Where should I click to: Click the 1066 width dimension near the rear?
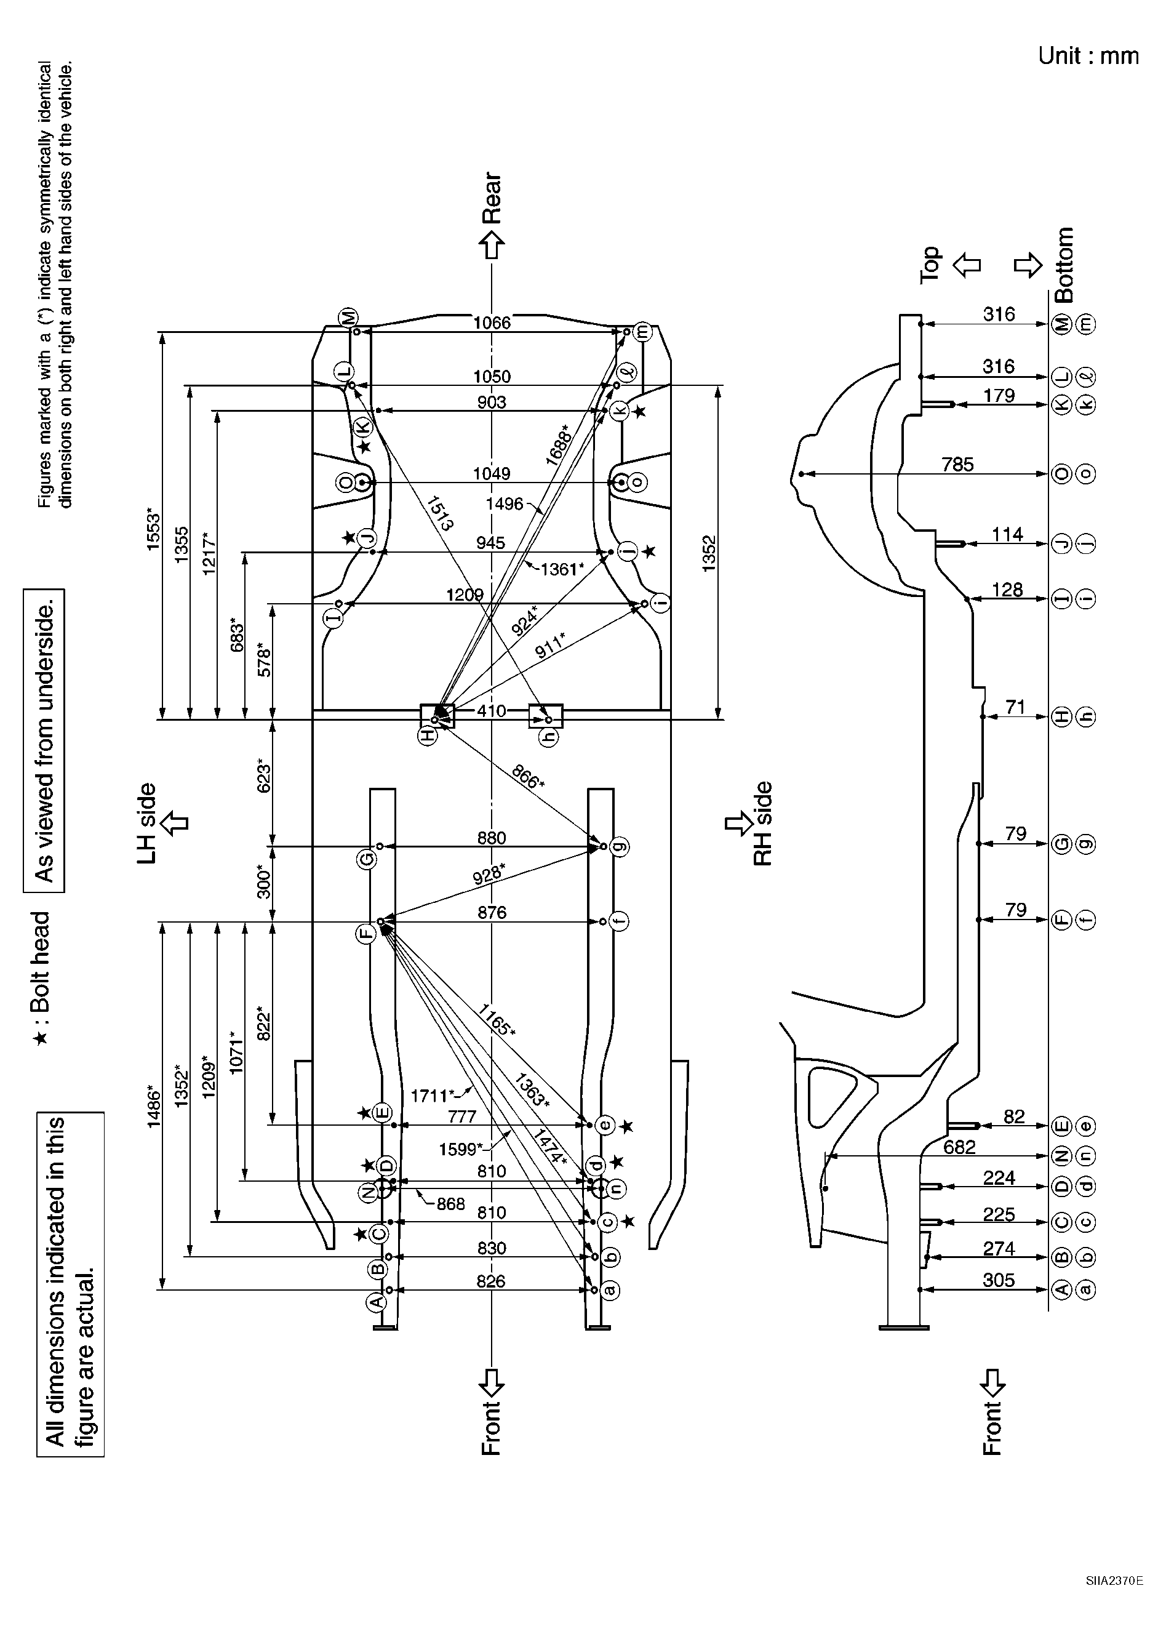point(492,323)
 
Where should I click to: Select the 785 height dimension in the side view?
point(958,465)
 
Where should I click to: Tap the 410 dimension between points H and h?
point(491,711)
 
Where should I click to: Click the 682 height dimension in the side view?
point(959,1147)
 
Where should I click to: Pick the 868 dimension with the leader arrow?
point(451,1204)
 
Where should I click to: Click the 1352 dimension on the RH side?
point(709,553)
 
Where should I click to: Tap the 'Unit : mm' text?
point(1088,56)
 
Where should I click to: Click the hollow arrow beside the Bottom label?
point(1028,265)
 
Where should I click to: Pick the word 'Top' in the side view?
point(930,265)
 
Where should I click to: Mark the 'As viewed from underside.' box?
point(44,741)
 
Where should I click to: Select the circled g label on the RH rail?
point(619,847)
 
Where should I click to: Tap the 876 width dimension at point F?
point(492,913)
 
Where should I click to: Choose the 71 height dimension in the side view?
point(1015,707)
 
